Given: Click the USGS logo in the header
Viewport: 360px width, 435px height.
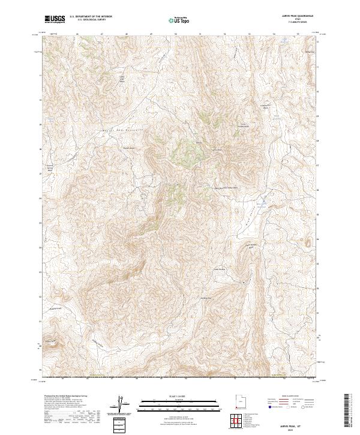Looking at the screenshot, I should (x=55, y=19).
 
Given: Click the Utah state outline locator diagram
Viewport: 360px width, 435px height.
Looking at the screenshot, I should (x=238, y=403).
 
